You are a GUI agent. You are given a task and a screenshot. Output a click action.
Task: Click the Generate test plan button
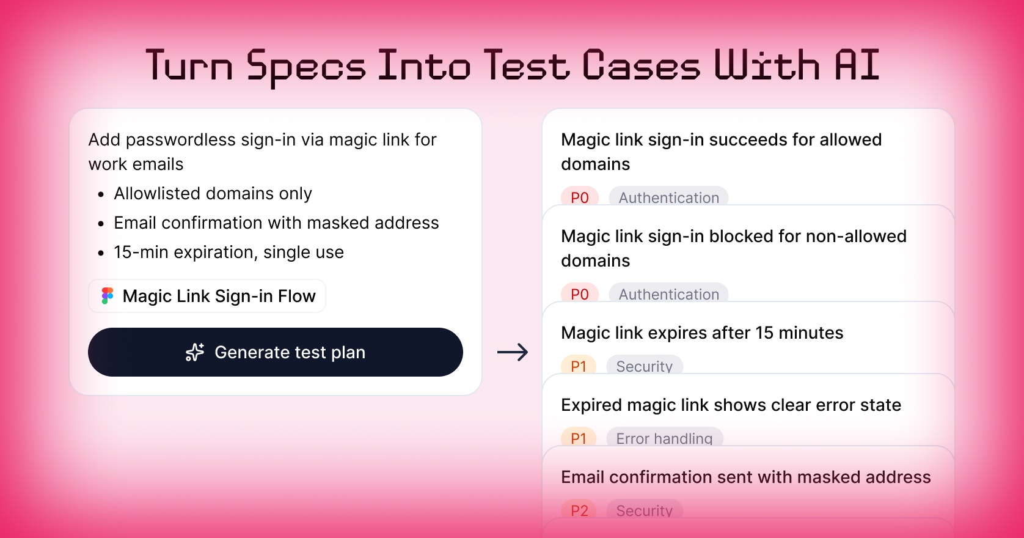(275, 352)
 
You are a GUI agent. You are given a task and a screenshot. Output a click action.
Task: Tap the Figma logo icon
(108, 296)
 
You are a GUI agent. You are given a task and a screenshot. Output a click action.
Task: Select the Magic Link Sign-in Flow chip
(207, 296)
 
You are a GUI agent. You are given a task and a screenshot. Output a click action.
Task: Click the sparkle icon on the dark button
(195, 352)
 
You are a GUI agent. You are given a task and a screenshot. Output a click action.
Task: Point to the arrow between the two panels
(513, 352)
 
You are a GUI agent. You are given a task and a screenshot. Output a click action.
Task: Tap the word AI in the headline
(857, 65)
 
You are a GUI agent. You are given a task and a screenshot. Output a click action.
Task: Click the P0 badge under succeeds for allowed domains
(580, 196)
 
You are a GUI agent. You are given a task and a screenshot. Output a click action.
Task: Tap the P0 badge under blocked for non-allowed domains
(580, 293)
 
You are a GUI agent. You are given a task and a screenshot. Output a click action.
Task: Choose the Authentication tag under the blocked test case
(668, 293)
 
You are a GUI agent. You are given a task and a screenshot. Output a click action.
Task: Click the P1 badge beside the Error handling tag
(578, 437)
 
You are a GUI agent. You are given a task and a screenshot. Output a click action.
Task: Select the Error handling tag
(664, 437)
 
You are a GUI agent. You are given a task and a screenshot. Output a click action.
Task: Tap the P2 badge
(579, 509)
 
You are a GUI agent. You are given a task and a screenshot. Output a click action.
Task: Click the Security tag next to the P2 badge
(644, 509)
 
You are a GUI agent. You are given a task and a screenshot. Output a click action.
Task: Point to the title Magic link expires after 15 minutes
(702, 333)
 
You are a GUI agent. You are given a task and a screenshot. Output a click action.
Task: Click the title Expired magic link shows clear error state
(731, 405)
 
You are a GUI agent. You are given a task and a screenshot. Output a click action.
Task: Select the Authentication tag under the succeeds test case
(668, 196)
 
